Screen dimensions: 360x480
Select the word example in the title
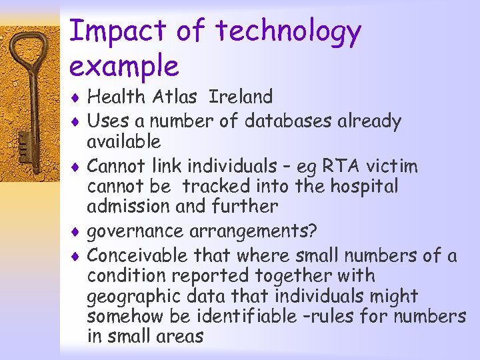tap(124, 66)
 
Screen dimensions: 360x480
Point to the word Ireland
tap(241, 97)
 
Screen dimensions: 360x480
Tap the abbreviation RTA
tap(342, 166)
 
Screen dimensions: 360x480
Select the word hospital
tap(359, 186)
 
